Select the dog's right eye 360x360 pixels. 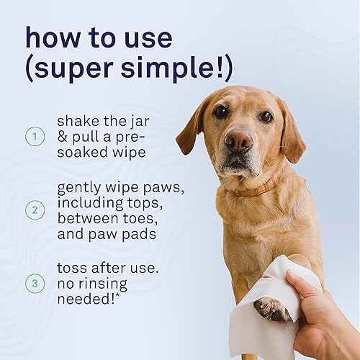[x=220, y=112]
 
